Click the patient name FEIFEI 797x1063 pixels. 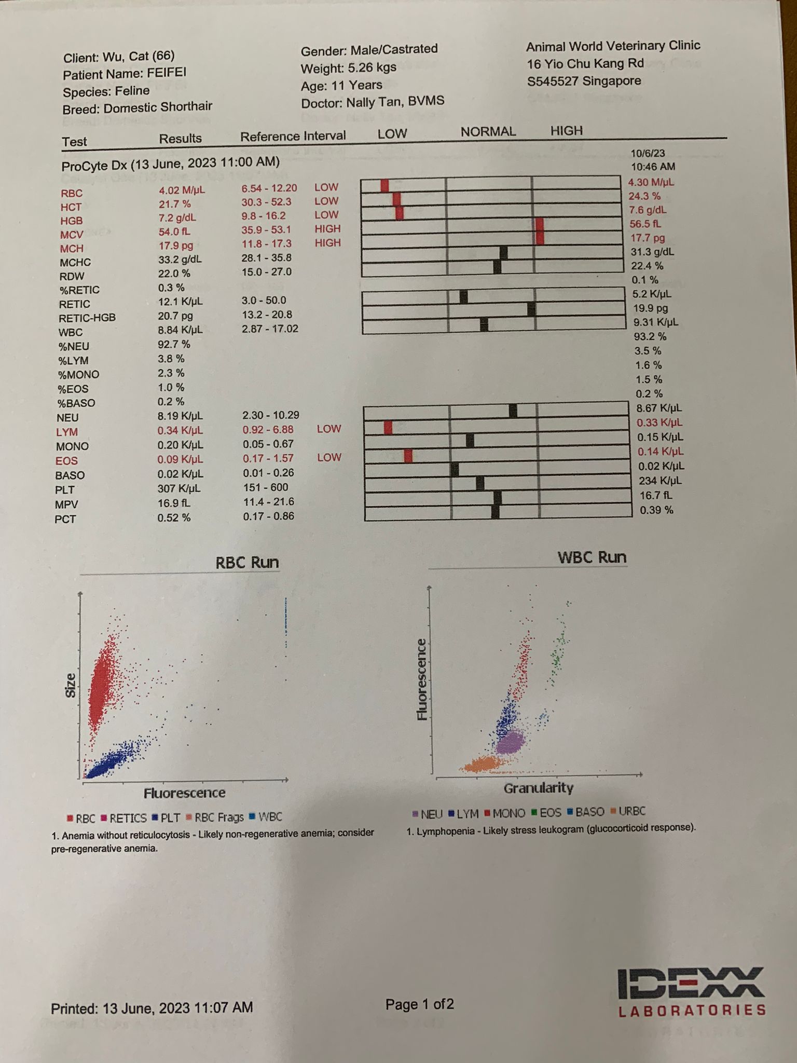pyautogui.click(x=166, y=72)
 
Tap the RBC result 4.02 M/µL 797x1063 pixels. pyautogui.click(x=182, y=190)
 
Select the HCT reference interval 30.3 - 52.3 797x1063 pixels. pyautogui.click(x=266, y=202)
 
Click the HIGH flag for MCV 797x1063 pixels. pyautogui.click(x=327, y=229)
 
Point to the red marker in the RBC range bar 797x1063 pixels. pyautogui.click(x=384, y=185)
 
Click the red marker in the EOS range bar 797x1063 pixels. pyautogui.click(x=408, y=456)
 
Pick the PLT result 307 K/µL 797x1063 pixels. pyautogui.click(x=179, y=488)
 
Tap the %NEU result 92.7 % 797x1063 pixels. pyautogui.click(x=174, y=344)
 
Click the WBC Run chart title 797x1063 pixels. pyautogui.click(x=592, y=557)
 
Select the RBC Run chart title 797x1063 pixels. pyautogui.click(x=247, y=562)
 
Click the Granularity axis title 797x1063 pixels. pyautogui.click(x=538, y=788)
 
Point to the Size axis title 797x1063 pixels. pyautogui.click(x=71, y=685)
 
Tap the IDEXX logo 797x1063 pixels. pyautogui.click(x=691, y=991)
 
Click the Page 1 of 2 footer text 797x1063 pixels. pyautogui.click(x=419, y=1004)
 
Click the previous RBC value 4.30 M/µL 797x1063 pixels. pyautogui.click(x=651, y=182)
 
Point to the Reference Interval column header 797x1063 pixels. pyautogui.click(x=293, y=136)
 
